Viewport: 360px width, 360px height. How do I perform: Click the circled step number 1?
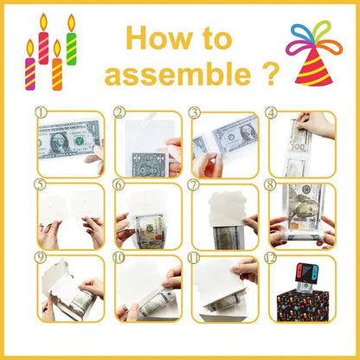pyautogui.click(x=41, y=112)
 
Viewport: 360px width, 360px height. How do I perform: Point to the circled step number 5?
pyautogui.click(x=41, y=184)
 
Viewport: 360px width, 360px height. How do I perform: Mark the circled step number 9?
pyautogui.click(x=41, y=257)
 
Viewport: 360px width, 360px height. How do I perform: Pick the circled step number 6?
pyautogui.click(x=119, y=184)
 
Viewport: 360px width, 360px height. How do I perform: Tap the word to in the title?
pyautogui.click(x=214, y=39)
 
